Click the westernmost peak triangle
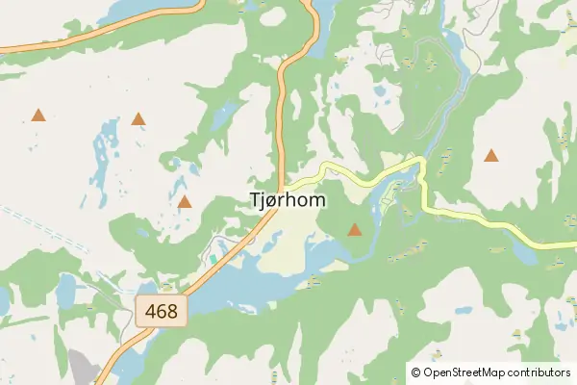[x=38, y=115]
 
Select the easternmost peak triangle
[x=491, y=155]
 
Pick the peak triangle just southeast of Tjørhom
[x=355, y=229]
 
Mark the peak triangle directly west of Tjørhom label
[x=185, y=202]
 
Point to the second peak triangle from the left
[x=138, y=120]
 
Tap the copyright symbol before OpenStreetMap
[x=415, y=372]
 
